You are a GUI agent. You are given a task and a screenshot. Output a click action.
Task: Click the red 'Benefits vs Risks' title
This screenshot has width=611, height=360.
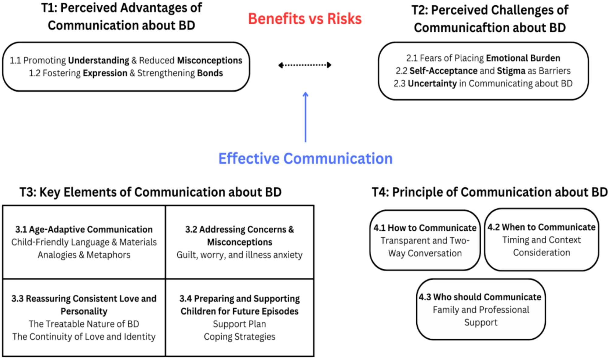tap(305, 19)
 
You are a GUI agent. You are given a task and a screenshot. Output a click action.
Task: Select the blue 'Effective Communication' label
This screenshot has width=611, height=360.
tap(305, 159)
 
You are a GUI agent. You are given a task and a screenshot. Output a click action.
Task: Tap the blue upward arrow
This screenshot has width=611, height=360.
tap(305, 117)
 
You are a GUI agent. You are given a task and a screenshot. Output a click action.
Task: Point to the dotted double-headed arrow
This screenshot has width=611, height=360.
tap(305, 65)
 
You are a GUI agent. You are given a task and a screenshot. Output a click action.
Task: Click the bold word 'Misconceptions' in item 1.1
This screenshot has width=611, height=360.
tap(210, 60)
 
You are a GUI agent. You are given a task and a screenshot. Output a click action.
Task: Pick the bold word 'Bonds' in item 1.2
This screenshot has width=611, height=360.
tap(210, 73)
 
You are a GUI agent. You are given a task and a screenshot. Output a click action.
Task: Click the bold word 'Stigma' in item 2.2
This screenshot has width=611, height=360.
tap(511, 71)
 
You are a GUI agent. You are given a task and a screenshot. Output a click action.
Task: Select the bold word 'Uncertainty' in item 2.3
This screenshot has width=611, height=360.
tap(432, 83)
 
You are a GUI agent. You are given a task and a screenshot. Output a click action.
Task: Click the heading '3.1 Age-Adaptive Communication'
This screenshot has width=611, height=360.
tap(84, 229)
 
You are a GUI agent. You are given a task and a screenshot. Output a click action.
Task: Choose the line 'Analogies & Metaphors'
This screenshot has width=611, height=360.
tap(84, 255)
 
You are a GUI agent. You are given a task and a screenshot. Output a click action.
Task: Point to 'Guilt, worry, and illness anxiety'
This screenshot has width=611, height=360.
tap(239, 255)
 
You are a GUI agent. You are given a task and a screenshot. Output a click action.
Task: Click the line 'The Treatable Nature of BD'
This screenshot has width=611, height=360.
tap(84, 324)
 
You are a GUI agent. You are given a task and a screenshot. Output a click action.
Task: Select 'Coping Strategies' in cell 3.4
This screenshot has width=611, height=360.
tap(239, 337)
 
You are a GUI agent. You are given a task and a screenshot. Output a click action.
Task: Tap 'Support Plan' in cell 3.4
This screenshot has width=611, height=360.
tap(239, 324)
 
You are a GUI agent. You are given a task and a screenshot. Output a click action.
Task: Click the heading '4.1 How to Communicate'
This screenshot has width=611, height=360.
tap(425, 228)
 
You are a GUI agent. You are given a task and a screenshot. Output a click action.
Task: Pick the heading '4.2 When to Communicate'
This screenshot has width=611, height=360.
tap(541, 227)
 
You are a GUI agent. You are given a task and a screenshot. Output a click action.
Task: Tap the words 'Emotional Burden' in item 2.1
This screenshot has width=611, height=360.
tap(523, 58)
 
